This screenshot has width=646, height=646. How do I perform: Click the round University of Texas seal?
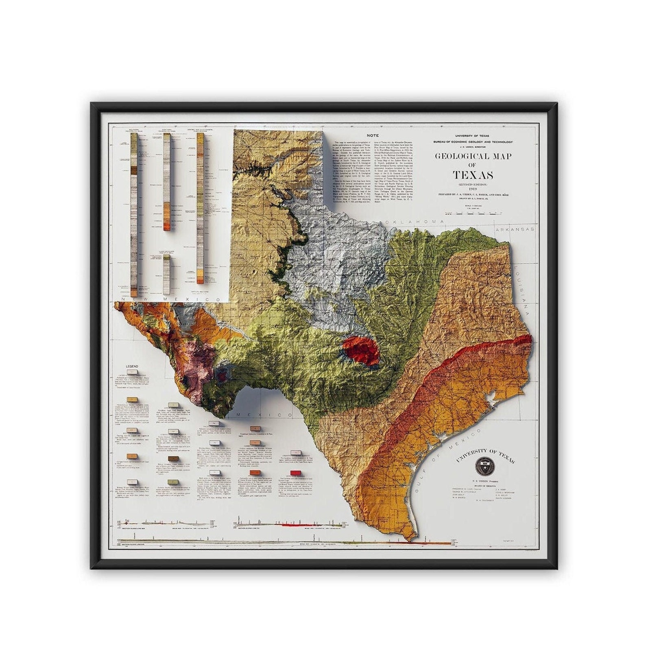pos(484,474)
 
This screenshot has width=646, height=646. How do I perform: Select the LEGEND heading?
pos(132,366)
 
